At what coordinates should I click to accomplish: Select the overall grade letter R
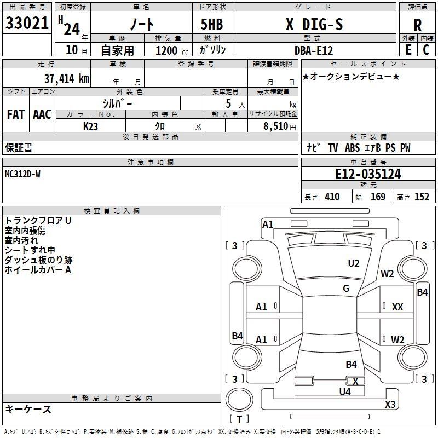click(x=418, y=25)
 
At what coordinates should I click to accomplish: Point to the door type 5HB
click(x=212, y=24)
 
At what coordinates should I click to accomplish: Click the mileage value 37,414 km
click(x=66, y=79)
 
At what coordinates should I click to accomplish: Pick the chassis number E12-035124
click(x=368, y=174)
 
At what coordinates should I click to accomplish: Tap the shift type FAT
click(x=16, y=114)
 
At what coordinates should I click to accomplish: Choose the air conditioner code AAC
click(x=42, y=114)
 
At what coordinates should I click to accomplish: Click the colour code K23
click(x=91, y=126)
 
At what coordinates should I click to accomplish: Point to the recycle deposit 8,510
click(x=276, y=126)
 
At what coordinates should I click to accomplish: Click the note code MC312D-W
click(x=22, y=174)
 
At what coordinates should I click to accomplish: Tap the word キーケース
click(x=28, y=409)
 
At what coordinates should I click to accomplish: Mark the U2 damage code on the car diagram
click(x=354, y=263)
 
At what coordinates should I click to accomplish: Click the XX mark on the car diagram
click(x=397, y=307)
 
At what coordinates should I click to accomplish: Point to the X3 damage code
click(x=390, y=404)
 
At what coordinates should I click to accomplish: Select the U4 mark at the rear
click(x=344, y=391)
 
